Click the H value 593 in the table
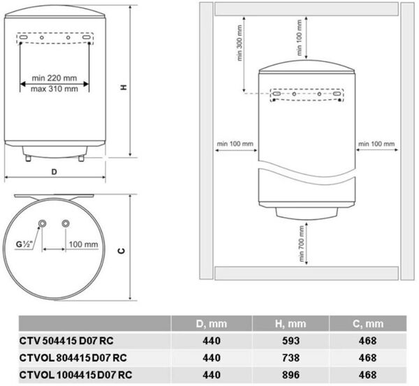click(291, 341)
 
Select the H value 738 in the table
click(291, 357)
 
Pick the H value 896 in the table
click(291, 375)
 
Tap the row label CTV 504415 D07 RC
click(66, 341)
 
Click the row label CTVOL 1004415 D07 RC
click(75, 375)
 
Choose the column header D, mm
click(212, 324)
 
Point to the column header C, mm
click(368, 324)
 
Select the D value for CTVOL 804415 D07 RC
click(212, 357)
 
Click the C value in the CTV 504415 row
click(368, 341)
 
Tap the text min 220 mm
click(54, 78)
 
